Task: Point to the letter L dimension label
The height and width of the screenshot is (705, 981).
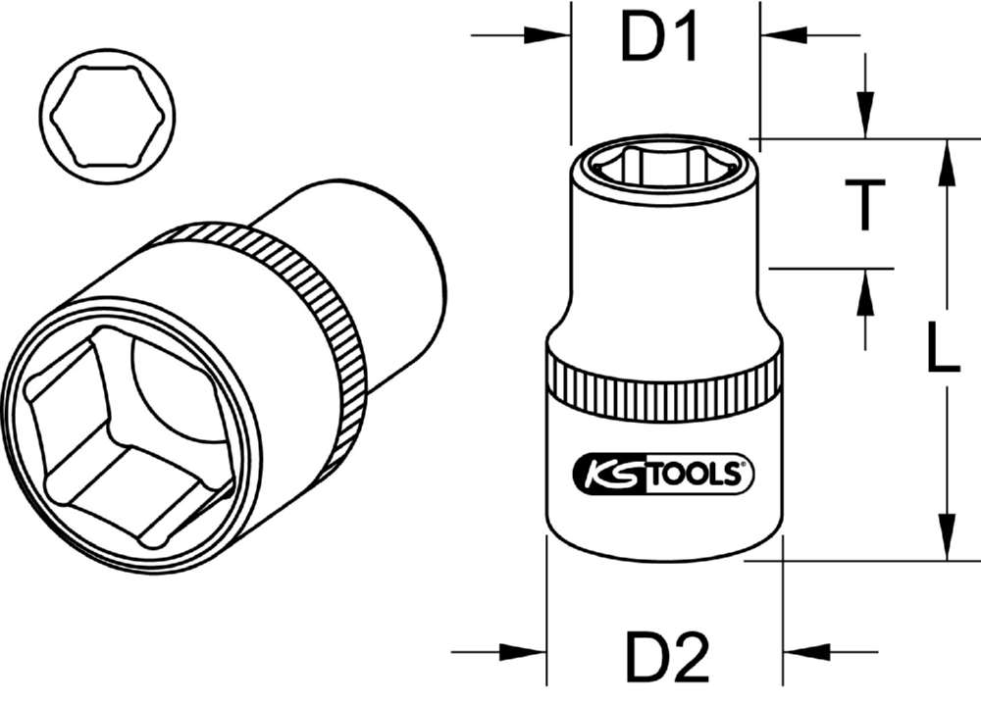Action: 943,350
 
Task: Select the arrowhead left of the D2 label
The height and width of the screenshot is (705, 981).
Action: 524,652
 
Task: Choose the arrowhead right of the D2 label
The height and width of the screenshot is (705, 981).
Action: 806,652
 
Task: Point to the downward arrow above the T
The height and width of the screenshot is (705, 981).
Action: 864,113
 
